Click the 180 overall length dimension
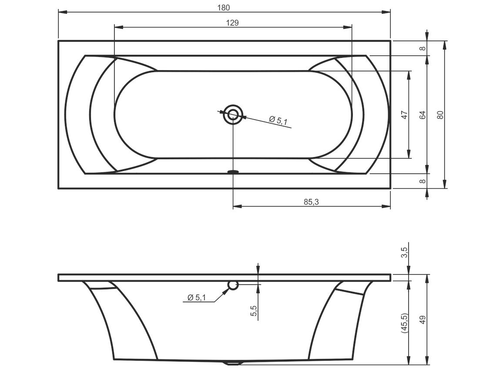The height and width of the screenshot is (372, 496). pyautogui.click(x=224, y=7)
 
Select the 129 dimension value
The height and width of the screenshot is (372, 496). pyautogui.click(x=232, y=23)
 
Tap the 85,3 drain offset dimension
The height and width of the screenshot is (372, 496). pyautogui.click(x=311, y=202)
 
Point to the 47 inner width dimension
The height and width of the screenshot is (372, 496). pyautogui.click(x=404, y=114)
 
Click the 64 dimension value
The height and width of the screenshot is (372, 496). pyautogui.click(x=422, y=115)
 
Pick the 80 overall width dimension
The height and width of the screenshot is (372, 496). pyautogui.click(x=440, y=115)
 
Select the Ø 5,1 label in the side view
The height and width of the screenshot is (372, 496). pyautogui.click(x=196, y=297)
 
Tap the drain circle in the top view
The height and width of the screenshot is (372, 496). pyautogui.click(x=233, y=114)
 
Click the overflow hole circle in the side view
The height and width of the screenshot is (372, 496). pyautogui.click(x=233, y=285)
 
